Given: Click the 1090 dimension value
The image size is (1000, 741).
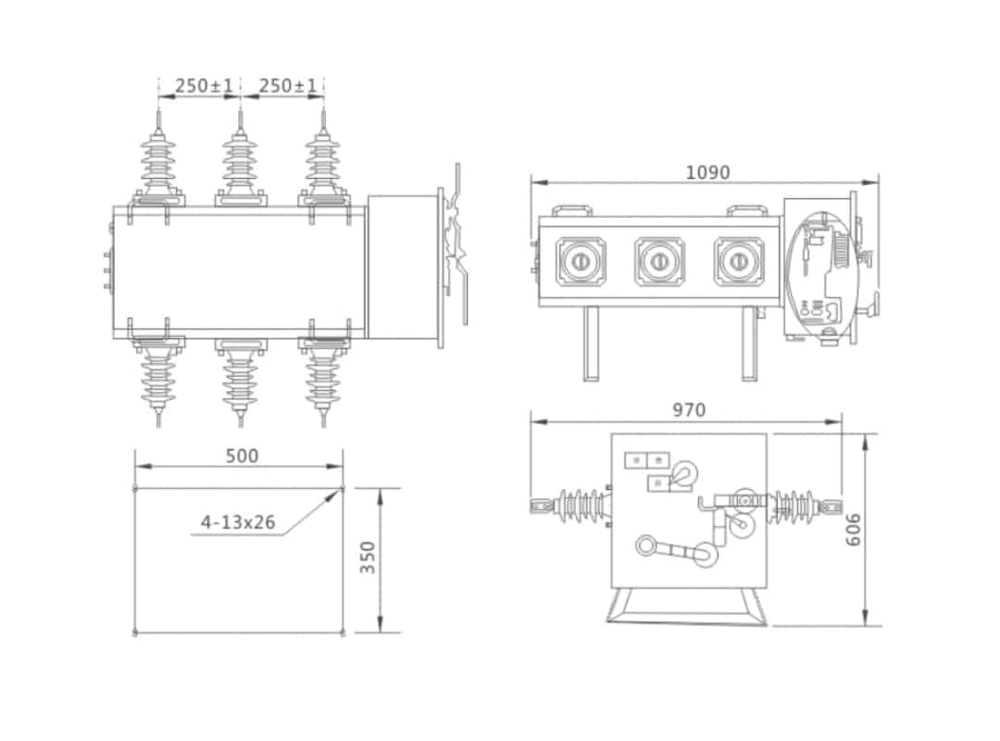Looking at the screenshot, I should point(707,172).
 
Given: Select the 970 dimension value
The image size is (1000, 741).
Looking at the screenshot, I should point(688,409).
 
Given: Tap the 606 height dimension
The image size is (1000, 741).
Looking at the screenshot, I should point(854,530).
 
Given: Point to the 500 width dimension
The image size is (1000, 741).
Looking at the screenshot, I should point(243,455).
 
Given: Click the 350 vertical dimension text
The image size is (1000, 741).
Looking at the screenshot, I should point(369,558).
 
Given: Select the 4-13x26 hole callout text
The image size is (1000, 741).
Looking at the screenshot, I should point(238,521).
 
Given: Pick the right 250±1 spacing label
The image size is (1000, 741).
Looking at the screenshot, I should point(287,85).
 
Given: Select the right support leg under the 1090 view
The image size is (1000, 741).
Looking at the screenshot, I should point(749,344).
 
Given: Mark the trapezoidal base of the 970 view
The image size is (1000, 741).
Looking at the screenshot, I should point(687,606).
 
